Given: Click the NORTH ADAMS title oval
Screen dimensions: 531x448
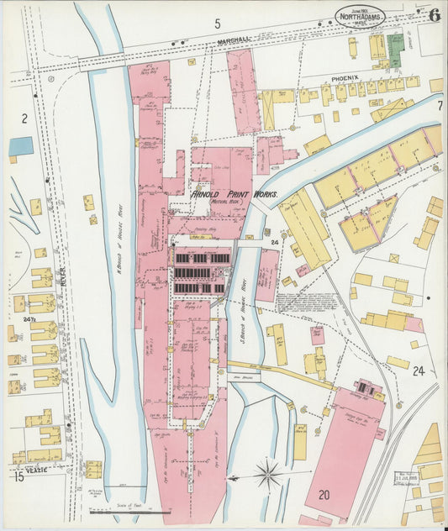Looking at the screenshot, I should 361,14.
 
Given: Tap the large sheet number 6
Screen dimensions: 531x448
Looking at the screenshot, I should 434,14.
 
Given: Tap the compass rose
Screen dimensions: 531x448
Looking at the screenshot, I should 268,475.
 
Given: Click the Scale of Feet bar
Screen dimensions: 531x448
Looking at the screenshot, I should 129,511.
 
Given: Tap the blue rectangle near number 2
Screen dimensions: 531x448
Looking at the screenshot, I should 21,146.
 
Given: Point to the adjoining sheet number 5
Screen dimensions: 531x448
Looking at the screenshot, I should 217,24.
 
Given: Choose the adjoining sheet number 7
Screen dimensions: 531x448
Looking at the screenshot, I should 440,106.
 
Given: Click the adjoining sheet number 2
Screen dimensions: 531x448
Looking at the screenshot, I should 24,118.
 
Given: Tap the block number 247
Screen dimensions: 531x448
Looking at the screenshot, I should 30,321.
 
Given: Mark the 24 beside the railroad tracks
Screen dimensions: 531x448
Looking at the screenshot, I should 419,371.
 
